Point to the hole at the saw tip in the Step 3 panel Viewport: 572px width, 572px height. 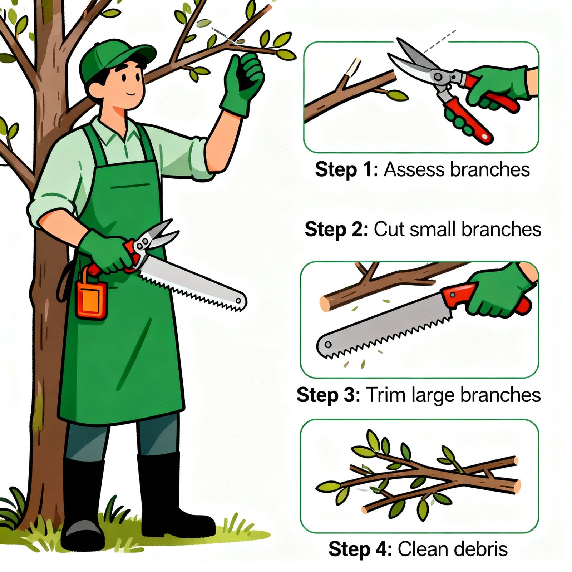pyautogui.click(x=328, y=344)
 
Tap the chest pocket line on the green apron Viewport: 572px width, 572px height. pyautogui.click(x=130, y=186)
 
